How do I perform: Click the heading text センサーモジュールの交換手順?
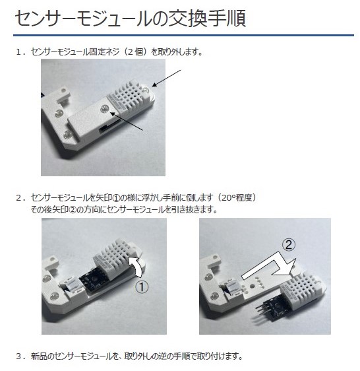point(131,18)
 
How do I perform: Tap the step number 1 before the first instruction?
point(18,51)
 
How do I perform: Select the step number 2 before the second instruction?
point(19,198)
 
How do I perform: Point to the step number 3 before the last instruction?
point(19,356)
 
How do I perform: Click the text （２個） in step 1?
point(134,51)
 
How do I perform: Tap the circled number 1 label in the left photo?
point(142,287)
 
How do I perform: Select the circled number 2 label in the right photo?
point(289,245)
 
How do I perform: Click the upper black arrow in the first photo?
point(166,79)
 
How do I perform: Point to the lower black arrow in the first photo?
point(127,121)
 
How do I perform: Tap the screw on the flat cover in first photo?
point(104,109)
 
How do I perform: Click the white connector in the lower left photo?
point(72,286)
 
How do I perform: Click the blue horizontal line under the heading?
point(183,36)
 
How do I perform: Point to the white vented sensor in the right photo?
point(302,289)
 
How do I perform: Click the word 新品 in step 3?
point(38,356)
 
